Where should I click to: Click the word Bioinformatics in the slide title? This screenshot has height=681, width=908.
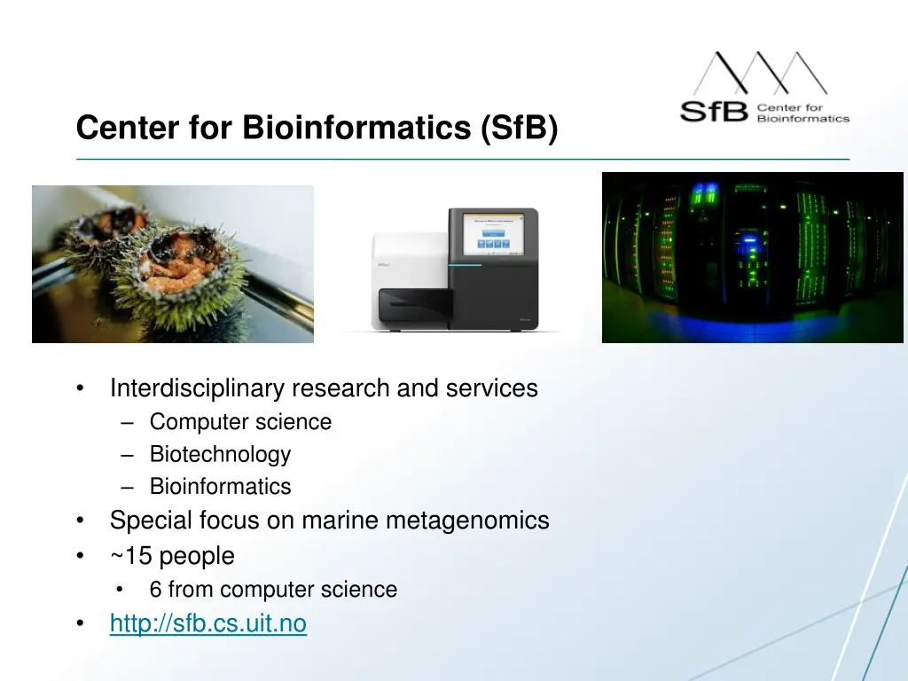coord(356,129)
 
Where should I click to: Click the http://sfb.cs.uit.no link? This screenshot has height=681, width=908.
coord(207,624)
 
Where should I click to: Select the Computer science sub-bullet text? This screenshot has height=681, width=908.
coord(240,422)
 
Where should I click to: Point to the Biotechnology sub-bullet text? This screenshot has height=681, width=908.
coord(220,454)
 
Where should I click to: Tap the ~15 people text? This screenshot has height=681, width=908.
coord(172,556)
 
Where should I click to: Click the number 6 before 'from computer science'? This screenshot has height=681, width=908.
coord(156,590)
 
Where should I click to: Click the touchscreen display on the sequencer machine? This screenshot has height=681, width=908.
coord(494,235)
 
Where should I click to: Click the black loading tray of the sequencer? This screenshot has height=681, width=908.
coord(415,306)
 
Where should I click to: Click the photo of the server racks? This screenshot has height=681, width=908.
coord(752,257)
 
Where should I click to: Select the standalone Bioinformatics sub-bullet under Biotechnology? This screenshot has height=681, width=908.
coord(220,487)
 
